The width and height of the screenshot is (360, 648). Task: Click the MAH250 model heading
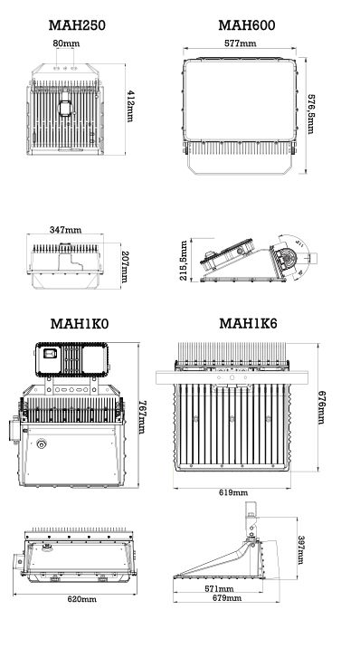[x=77, y=25]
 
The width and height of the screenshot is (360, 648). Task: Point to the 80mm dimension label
[x=64, y=43]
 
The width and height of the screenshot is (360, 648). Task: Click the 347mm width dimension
[x=65, y=232]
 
